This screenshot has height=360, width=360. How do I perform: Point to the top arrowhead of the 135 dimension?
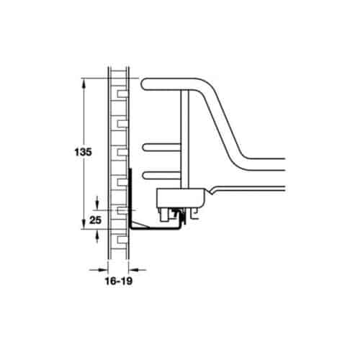pyautogui.click(x=86, y=81)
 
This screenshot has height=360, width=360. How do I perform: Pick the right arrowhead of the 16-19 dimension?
pyautogui.click(x=132, y=269)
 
